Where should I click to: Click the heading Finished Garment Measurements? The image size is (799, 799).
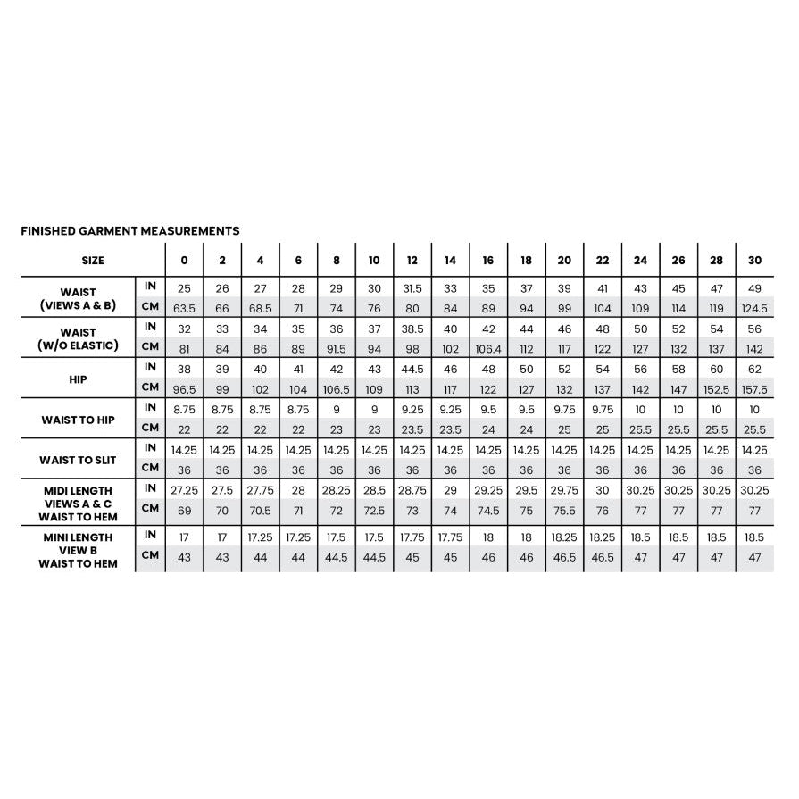(x=129, y=231)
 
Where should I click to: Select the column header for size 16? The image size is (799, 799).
(x=488, y=261)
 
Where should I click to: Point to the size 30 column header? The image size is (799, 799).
(x=754, y=261)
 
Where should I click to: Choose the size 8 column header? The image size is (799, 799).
(x=336, y=261)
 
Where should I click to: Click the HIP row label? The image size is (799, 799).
(x=79, y=379)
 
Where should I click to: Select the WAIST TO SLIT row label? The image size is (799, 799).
(x=79, y=460)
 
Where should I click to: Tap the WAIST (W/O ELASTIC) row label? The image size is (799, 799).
(x=79, y=338)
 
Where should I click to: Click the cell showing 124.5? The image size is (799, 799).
(x=754, y=308)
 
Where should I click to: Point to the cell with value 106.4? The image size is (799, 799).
(x=488, y=348)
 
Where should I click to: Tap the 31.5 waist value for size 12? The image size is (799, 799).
(x=412, y=287)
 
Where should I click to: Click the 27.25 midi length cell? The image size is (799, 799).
(x=184, y=490)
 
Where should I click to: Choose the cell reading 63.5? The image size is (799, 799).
(x=184, y=308)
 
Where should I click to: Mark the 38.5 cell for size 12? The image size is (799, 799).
(x=412, y=329)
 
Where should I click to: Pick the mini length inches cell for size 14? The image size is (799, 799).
(x=450, y=537)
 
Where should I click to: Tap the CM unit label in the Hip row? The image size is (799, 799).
(x=150, y=387)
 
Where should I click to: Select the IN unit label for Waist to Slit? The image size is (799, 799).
(x=150, y=448)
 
